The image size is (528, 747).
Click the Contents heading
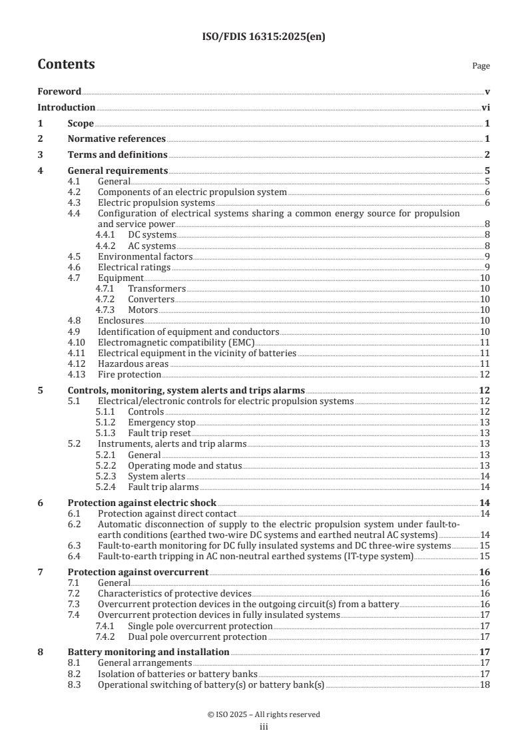tap(66, 65)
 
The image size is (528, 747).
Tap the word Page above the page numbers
tap(481, 66)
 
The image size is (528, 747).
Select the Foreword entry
tap(59, 91)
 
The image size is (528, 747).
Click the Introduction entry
tap(66, 107)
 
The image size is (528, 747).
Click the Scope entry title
tap(81, 123)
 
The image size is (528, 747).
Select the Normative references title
tap(117, 139)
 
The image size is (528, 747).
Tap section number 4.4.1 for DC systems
tap(107, 235)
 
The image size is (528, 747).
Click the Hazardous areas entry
tap(133, 363)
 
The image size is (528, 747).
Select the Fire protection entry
tap(129, 373)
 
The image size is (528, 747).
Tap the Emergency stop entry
tap(161, 422)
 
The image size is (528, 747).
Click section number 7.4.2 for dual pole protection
tap(107, 636)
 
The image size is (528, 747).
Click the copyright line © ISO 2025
tap(264, 714)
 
